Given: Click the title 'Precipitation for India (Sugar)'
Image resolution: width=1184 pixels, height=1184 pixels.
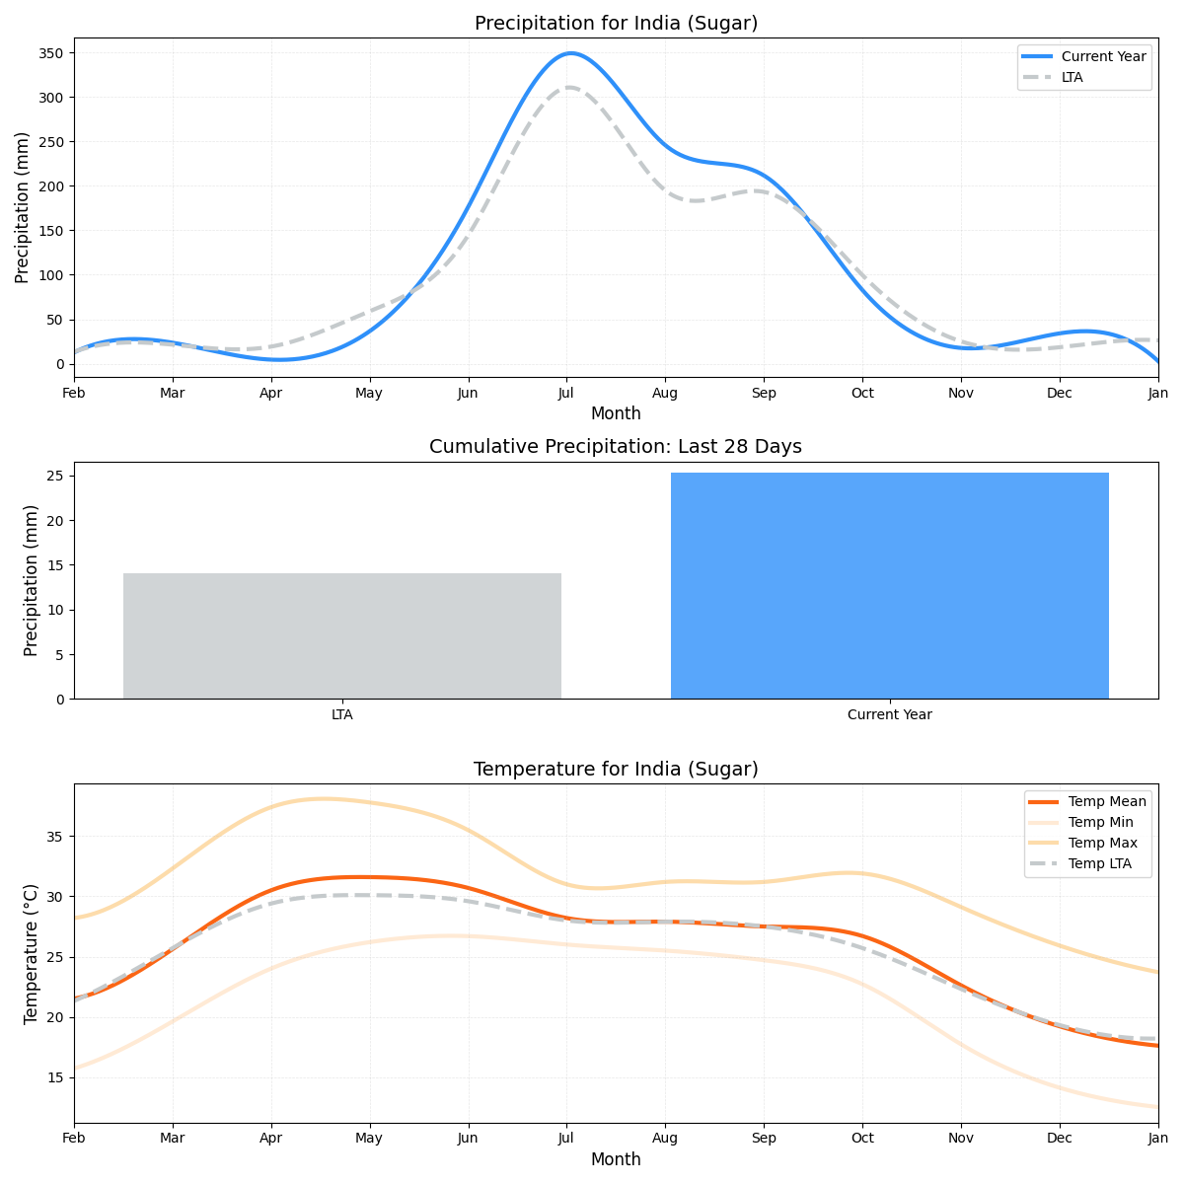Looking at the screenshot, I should pos(616,24).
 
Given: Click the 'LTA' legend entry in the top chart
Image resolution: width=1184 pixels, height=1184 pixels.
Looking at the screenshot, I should pos(1072,77).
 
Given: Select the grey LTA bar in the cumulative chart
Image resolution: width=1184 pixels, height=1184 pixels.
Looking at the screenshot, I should pos(342,635).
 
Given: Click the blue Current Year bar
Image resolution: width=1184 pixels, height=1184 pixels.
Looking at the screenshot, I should pos(889,586).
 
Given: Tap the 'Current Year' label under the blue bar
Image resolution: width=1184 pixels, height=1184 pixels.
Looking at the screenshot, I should pos(889,714).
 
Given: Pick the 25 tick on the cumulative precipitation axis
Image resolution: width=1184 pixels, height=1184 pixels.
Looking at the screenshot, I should pos(56,476).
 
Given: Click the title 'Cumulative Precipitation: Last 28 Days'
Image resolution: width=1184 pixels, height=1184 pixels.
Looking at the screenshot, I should pos(616,447).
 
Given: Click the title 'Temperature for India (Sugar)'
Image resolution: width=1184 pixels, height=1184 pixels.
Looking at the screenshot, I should pos(616,770).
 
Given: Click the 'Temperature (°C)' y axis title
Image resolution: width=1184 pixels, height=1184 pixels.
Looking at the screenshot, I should pos(32,953).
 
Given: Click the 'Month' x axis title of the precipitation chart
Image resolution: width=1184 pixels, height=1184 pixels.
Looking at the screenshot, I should pos(616,413).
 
